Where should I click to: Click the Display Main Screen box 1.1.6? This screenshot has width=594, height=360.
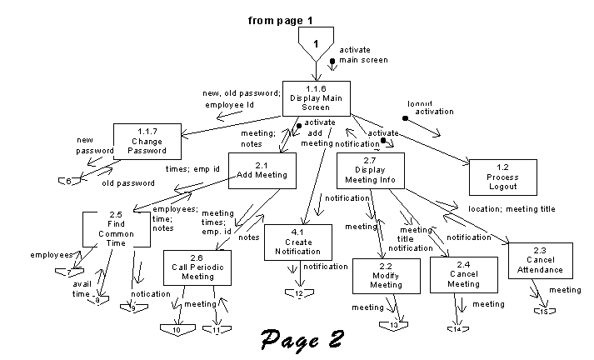click(316, 98)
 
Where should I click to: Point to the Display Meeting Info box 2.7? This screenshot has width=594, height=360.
click(370, 171)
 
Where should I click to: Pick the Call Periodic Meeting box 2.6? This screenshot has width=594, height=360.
click(197, 267)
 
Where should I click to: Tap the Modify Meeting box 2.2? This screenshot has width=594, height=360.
click(386, 276)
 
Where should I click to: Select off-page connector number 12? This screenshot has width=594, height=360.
click(298, 293)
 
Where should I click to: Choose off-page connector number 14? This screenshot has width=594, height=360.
click(457, 328)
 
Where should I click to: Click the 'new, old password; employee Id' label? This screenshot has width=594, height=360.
click(242, 98)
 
